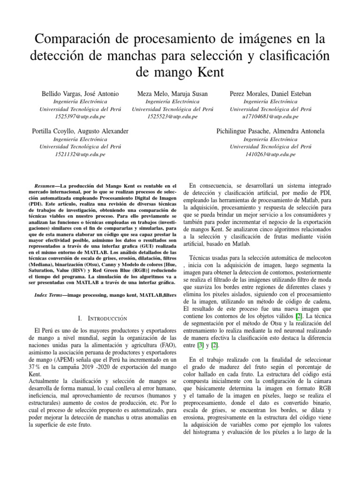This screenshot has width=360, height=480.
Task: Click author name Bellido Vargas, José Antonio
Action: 80,94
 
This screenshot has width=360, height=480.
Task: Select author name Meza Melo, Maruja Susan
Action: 173,94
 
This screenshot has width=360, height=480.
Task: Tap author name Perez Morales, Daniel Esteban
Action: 270,94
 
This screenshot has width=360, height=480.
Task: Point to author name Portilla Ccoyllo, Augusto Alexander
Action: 80,131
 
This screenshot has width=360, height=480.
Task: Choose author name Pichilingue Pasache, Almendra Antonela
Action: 270,131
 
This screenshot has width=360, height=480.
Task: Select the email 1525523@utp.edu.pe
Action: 173,116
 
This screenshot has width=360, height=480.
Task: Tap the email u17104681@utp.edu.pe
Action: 270,116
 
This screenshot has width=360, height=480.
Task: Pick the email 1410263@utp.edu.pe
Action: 270,154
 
